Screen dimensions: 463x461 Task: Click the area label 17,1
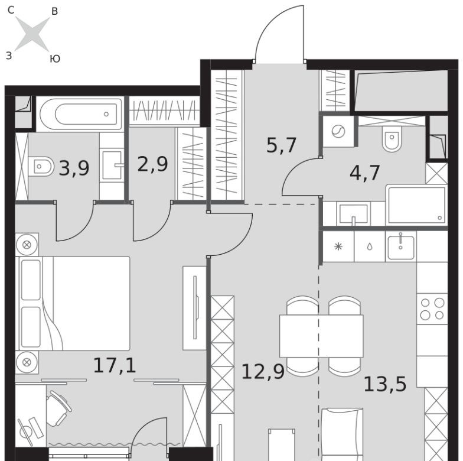pyautogui.click(x=115, y=365)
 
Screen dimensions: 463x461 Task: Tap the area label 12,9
pyautogui.click(x=263, y=371)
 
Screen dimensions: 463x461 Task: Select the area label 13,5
pyautogui.click(x=385, y=384)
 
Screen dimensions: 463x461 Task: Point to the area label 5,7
pyautogui.click(x=281, y=145)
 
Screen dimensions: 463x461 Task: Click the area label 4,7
pyautogui.click(x=365, y=173)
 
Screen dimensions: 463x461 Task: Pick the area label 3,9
pyautogui.click(x=74, y=168)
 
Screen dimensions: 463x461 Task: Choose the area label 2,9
pyautogui.click(x=152, y=164)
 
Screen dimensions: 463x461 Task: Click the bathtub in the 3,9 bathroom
pyautogui.click(x=81, y=114)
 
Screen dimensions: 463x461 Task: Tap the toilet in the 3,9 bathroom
pyautogui.click(x=41, y=167)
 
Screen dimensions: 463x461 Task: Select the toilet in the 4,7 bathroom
pyautogui.click(x=392, y=138)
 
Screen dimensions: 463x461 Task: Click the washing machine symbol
pyautogui.click(x=338, y=131)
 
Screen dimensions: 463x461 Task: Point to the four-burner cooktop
pyautogui.click(x=432, y=309)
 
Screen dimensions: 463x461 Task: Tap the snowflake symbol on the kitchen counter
pyautogui.click(x=338, y=246)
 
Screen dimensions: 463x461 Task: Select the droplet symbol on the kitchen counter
pyautogui.click(x=370, y=247)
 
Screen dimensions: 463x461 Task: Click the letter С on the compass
pyautogui.click(x=11, y=10)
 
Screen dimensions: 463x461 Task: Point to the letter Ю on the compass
pyautogui.click(x=56, y=59)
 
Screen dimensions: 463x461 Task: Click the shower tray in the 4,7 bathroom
pyautogui.click(x=417, y=204)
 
